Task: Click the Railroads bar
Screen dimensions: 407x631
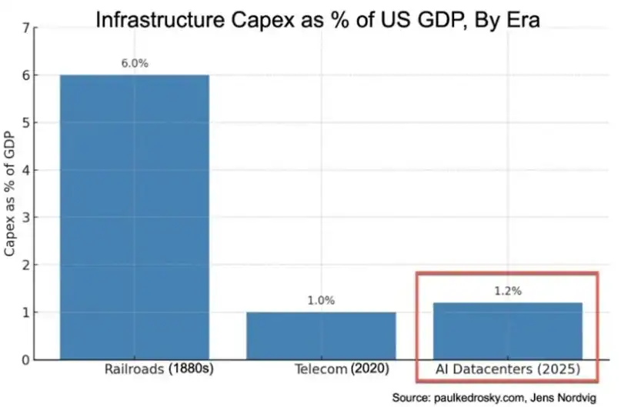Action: (135, 217)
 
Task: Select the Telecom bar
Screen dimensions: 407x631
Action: (321, 335)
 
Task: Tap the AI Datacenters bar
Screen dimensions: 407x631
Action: (508, 331)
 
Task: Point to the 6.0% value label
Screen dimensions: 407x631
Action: (135, 64)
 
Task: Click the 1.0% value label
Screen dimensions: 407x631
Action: (321, 301)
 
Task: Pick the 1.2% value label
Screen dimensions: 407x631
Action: (508, 292)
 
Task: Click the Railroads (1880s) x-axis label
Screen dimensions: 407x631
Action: (159, 369)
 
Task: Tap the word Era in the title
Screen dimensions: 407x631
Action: (522, 20)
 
